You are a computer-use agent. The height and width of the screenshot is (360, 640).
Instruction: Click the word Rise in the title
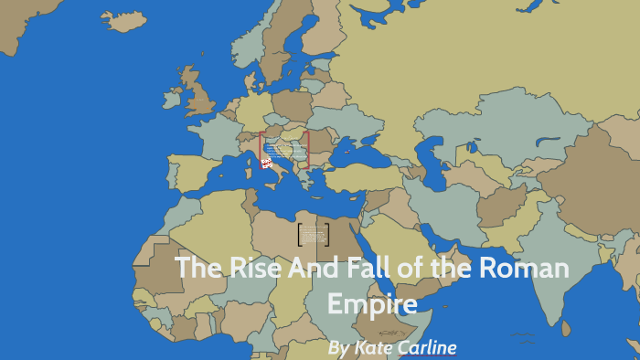pyautogui.click(x=245, y=269)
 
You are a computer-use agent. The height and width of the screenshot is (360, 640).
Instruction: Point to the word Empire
pyautogui.click(x=372, y=302)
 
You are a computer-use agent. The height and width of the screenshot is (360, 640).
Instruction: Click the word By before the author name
pyautogui.click(x=338, y=348)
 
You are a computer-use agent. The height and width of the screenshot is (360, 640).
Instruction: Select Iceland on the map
pyautogui.click(x=123, y=18)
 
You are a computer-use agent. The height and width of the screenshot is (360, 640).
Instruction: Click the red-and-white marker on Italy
pyautogui.click(x=266, y=163)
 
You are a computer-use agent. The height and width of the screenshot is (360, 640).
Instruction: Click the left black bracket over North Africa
pyautogui.click(x=300, y=235)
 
